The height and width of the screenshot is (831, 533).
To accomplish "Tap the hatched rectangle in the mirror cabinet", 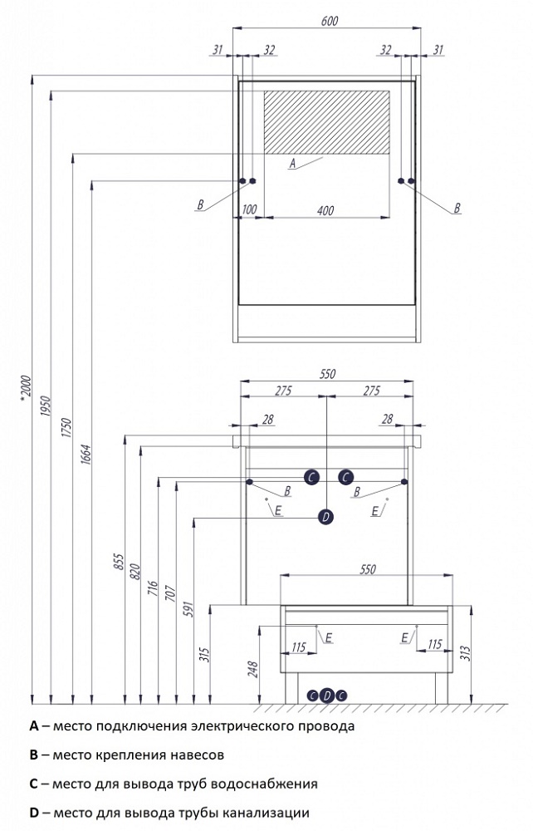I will (326, 122).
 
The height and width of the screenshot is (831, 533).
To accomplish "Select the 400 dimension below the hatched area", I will (325, 211).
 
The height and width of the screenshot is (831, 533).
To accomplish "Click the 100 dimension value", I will (247, 211).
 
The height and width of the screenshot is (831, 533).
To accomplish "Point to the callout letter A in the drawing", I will (292, 165).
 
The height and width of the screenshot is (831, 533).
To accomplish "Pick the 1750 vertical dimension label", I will (67, 432).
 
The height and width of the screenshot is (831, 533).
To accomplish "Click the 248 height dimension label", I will (255, 668).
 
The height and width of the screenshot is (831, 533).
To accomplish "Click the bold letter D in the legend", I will (34, 812).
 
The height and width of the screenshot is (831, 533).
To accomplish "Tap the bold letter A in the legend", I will (34, 725).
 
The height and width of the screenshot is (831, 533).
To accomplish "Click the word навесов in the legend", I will (198, 755).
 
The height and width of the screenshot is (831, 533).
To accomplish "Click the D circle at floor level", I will (326, 696).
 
